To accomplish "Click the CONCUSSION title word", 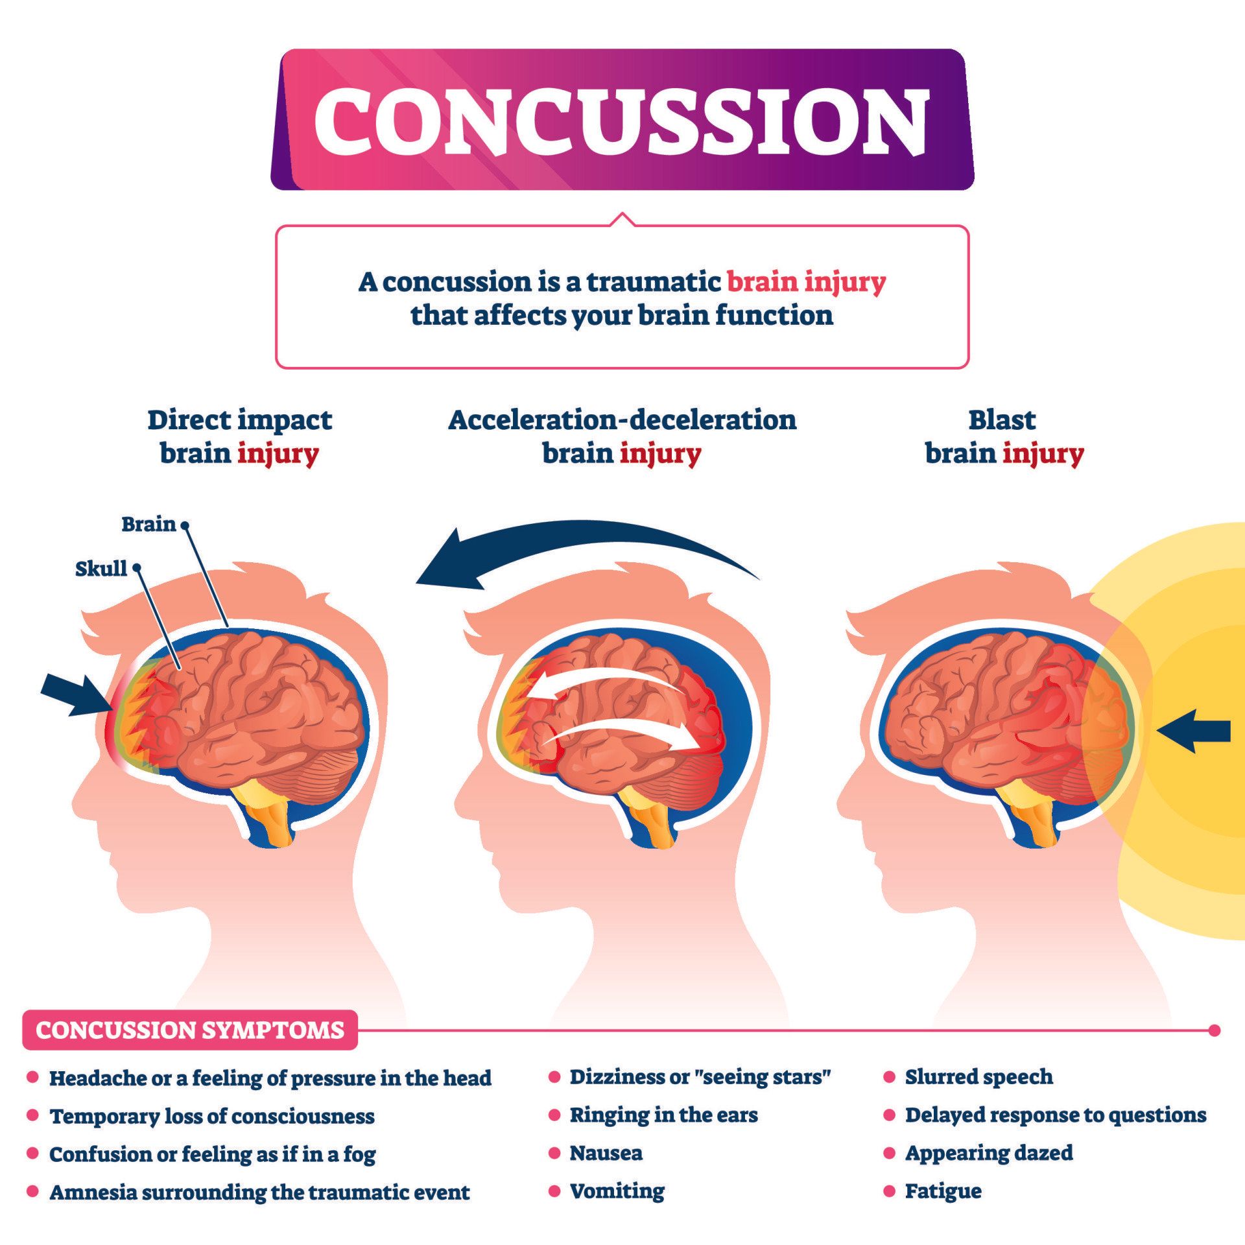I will (621, 121).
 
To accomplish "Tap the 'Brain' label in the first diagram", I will (148, 524).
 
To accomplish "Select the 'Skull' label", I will (101, 569).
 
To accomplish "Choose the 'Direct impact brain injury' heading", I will (239, 436).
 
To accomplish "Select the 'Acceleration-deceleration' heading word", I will (622, 420).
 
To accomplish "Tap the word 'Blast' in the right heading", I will (1002, 420).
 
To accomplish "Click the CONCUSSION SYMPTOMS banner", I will (189, 1030).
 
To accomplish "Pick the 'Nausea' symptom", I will (606, 1153).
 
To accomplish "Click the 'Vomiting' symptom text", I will (617, 1191).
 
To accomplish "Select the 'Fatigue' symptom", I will (943, 1191).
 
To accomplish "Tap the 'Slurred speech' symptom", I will (978, 1077).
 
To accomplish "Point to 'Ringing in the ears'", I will (663, 1115).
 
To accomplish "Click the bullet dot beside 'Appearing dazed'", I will (890, 1153).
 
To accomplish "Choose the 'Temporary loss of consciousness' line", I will (212, 1116).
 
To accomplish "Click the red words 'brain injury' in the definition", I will (806, 282).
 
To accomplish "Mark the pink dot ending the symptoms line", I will (1215, 1030).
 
